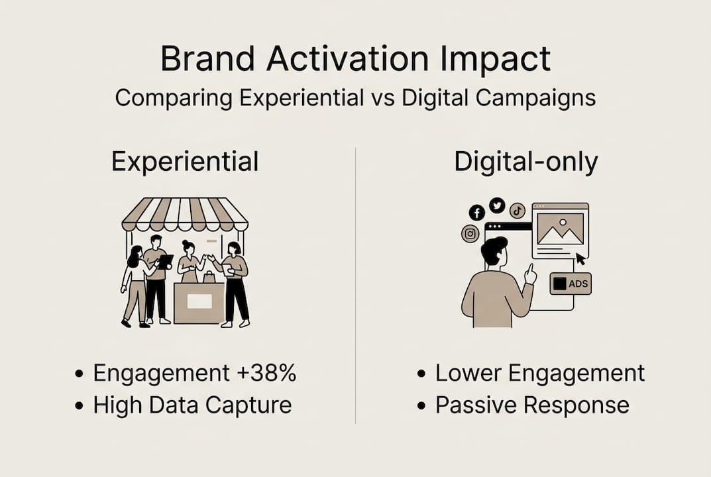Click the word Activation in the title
coord(347,58)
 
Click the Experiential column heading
coord(185,162)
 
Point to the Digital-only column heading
coord(526,162)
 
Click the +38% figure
coord(266,373)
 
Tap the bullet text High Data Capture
coord(192,405)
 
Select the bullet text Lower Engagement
coord(539,374)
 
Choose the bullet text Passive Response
coord(532,405)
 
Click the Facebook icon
coord(476,212)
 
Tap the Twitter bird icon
coord(497,205)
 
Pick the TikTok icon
coord(517,211)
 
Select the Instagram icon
coord(470,233)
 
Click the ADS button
coord(571,284)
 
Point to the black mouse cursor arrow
coord(580,259)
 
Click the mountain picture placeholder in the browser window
coord(561,229)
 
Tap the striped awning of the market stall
coord(185,215)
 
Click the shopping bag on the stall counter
coord(209,277)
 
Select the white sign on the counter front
coord(199,301)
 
